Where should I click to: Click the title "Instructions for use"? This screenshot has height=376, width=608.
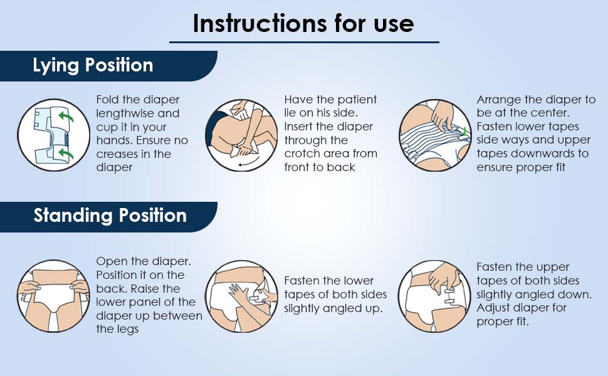point(303,23)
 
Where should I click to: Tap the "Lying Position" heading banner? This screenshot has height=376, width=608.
point(108,66)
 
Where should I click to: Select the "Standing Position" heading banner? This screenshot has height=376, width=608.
point(108,217)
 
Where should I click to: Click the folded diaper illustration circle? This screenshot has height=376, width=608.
point(54,135)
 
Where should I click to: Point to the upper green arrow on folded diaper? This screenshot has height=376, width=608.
point(66,116)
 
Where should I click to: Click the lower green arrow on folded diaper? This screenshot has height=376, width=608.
point(66,154)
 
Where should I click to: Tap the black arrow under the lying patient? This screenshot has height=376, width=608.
point(248,163)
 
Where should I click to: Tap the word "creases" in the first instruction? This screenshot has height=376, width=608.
point(115,154)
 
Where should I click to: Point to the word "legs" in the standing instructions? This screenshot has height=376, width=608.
point(128,330)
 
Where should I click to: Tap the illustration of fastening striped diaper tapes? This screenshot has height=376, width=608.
point(436,135)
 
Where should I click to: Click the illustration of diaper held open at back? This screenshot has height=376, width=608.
point(54,296)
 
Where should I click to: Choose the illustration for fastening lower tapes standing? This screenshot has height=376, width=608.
point(241,296)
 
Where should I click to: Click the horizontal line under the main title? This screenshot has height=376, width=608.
point(304,42)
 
